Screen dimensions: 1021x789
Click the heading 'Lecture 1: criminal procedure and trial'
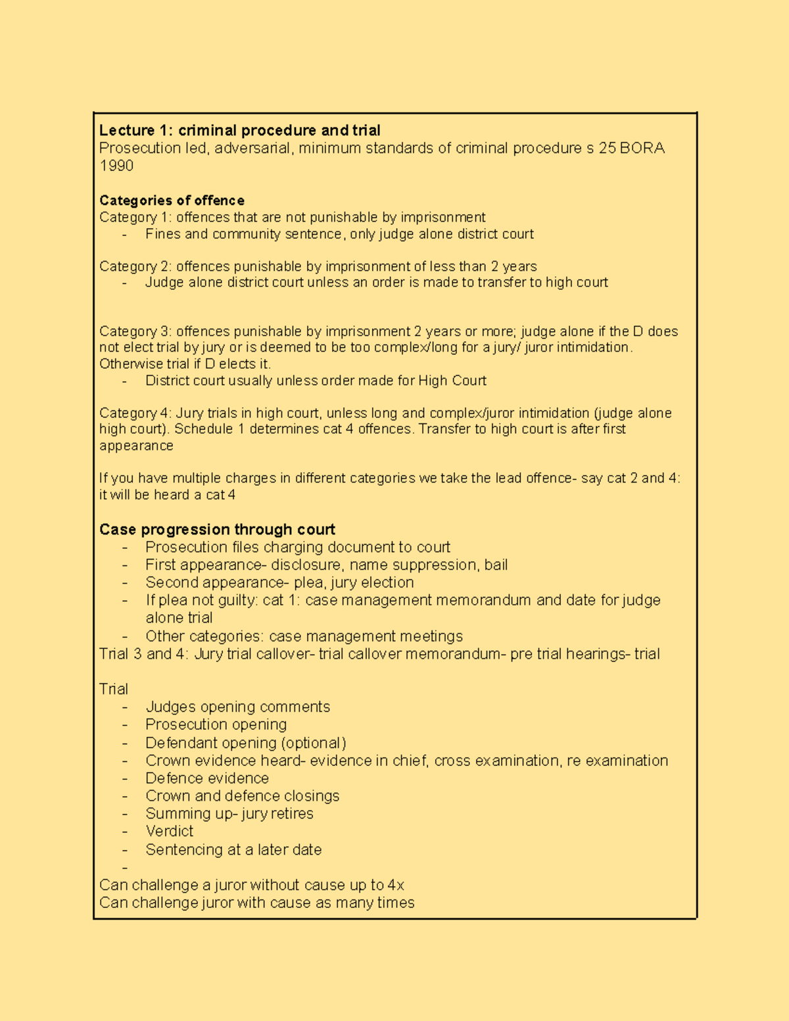[239, 130]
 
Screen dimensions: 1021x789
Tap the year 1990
[116, 166]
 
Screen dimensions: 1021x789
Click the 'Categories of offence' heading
[172, 201]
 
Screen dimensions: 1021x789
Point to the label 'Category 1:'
[135, 218]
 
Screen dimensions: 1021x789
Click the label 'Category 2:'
[135, 266]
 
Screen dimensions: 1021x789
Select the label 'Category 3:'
[135, 331]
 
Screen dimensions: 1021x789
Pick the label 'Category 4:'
[135, 413]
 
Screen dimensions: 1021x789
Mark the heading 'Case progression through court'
[217, 529]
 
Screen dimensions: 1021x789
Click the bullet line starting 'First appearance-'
[326, 565]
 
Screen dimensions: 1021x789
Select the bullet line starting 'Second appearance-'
[279, 582]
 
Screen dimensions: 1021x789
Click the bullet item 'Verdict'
[170, 831]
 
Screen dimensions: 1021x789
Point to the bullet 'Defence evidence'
[207, 778]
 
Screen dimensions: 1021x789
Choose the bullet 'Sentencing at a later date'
[233, 849]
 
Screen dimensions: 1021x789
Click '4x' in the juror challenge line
[396, 885]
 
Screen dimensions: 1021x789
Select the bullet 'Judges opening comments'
[237, 707]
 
